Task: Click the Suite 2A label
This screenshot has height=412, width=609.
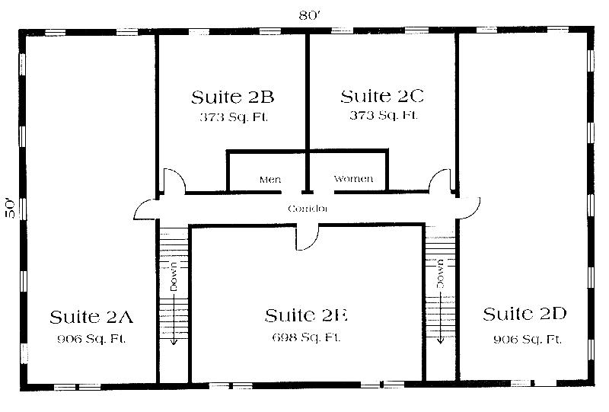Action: (x=90, y=317)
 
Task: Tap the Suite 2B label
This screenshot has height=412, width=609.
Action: (x=232, y=97)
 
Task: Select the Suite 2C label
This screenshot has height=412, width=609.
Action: (x=381, y=97)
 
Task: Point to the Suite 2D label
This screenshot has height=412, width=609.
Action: (x=525, y=314)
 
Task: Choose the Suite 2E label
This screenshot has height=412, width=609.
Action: (x=306, y=315)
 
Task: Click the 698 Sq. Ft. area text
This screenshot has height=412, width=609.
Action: (x=306, y=337)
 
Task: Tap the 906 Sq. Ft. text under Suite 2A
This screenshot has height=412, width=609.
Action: (x=91, y=338)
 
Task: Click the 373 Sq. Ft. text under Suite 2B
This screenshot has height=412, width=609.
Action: (x=233, y=117)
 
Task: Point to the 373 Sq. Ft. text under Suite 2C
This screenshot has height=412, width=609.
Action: (x=382, y=116)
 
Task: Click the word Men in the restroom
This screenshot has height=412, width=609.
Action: (x=270, y=180)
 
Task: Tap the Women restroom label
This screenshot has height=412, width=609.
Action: (x=353, y=179)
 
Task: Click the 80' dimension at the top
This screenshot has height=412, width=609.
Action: (x=308, y=13)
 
